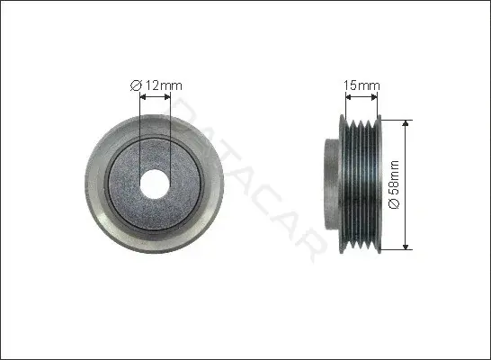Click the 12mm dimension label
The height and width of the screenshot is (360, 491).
(164, 85)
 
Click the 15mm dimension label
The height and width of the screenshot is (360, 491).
(362, 85)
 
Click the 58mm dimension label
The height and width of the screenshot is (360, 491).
(394, 177)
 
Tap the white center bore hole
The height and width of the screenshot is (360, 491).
(155, 184)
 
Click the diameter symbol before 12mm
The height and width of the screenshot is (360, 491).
(136, 85)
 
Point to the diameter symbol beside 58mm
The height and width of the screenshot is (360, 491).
(394, 203)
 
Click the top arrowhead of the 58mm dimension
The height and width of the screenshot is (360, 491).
(406, 123)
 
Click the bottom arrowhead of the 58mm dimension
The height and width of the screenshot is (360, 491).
(406, 247)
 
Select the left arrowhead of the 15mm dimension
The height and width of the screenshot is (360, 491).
(349, 97)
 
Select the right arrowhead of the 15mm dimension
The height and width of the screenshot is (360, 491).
(374, 97)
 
